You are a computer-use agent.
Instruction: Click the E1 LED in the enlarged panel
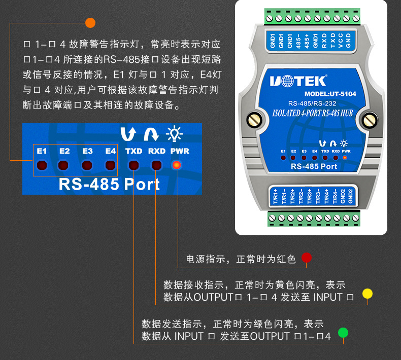click(42, 165)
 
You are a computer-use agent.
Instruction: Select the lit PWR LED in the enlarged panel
click(177, 165)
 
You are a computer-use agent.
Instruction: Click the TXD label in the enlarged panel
click(134, 151)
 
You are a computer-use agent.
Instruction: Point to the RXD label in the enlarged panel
click(157, 151)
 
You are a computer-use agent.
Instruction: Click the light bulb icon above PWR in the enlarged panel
click(174, 134)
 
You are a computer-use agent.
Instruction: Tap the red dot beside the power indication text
click(306, 258)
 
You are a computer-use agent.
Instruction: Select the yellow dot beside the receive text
click(367, 294)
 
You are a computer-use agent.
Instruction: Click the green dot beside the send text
click(343, 333)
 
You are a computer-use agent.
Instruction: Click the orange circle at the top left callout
click(90, 22)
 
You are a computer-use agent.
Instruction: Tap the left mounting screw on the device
click(254, 121)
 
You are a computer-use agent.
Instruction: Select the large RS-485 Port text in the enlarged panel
click(109, 184)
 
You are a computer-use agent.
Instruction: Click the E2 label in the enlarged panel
click(64, 151)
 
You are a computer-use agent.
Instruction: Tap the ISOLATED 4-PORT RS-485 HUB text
click(312, 113)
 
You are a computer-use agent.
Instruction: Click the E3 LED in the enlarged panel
click(87, 165)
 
